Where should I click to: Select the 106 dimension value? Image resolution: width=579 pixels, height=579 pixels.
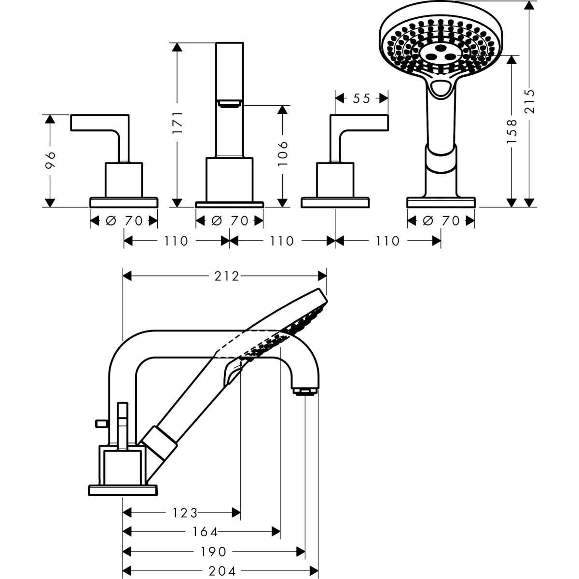pos(283,153)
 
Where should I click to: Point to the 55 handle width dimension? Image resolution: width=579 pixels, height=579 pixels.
pos(361,98)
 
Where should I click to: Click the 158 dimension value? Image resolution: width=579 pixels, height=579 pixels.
pos(512,131)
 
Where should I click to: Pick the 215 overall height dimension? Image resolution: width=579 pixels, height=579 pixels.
pos(530,101)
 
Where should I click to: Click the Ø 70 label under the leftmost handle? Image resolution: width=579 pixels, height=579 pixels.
pos(124,221)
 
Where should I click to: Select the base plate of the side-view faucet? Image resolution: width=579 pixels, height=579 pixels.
pos(123,490)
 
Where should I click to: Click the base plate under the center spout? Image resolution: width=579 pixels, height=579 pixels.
pos(230,204)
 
